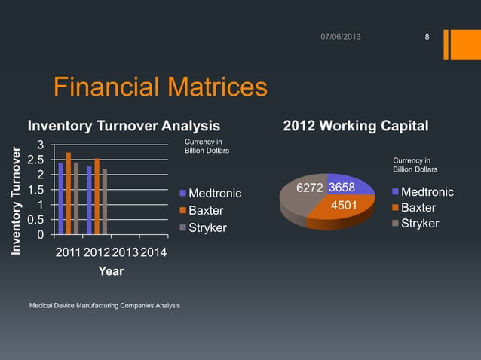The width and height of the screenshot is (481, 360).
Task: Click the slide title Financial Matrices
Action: [160, 88]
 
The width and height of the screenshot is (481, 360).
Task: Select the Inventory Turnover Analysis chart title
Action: [124, 124]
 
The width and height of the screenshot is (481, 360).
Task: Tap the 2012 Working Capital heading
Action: [355, 124]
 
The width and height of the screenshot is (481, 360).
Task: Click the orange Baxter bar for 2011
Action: [69, 194]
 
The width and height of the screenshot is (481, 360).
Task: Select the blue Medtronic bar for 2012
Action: [90, 200]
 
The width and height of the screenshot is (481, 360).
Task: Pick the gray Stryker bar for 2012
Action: [104, 202]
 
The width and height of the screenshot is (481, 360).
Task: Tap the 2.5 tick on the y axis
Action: [35, 160]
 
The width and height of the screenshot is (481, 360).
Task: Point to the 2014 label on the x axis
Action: [154, 251]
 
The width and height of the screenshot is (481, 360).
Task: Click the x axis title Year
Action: [111, 271]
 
